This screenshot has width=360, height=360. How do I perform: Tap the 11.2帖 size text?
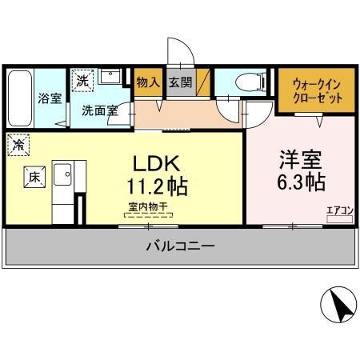157,186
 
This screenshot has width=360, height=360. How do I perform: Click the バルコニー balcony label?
179,246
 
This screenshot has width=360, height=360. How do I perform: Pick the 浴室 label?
50,98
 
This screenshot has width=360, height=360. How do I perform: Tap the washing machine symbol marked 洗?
82,79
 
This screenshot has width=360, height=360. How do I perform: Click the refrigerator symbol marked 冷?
18,146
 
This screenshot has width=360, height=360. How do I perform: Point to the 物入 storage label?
147,82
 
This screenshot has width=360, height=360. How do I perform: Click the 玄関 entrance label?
181,82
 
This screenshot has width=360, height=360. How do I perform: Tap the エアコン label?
338,210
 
